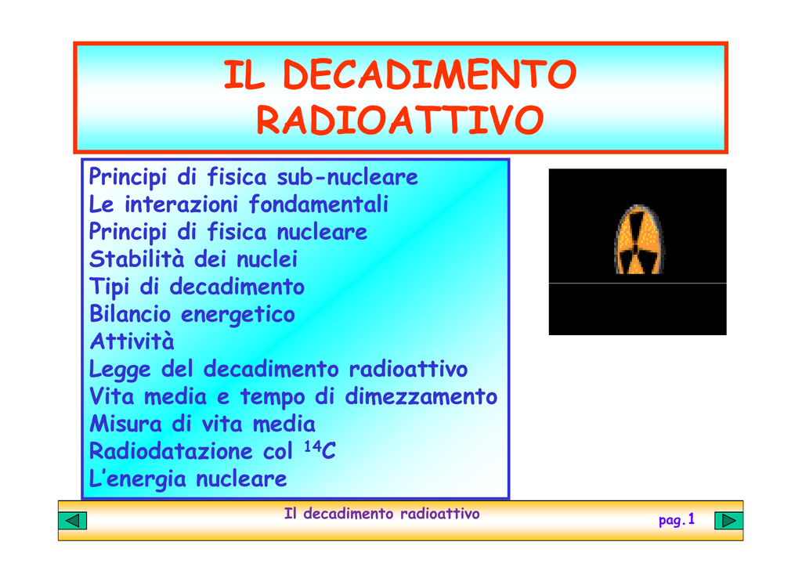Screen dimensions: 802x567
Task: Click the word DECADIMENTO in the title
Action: coord(430,74)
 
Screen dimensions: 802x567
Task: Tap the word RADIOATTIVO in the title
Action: coord(399,120)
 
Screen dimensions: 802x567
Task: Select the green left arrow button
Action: coord(73,521)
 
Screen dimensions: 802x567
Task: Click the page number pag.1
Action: coord(677,520)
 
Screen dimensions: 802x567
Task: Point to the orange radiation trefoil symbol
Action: coord(638,240)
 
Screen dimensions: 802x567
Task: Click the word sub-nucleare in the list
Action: coord(347,178)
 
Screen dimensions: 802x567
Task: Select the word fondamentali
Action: coord(319,204)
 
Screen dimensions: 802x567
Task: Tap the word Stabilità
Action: coord(136,258)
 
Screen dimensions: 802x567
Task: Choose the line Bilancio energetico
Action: coord(193,314)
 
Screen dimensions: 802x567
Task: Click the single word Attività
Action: coord(132,341)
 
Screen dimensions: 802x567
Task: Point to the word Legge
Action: coord(120,370)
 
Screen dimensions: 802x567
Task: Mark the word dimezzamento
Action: coord(421,397)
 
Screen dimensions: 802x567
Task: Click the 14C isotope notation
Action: coord(320,450)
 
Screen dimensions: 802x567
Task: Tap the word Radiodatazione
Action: coord(171,451)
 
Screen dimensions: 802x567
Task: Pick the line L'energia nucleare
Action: coord(188,479)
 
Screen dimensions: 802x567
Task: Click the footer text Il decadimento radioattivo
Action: coord(381,513)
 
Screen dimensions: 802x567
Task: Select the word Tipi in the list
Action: coord(109,287)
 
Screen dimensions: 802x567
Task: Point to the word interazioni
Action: coord(181,204)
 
